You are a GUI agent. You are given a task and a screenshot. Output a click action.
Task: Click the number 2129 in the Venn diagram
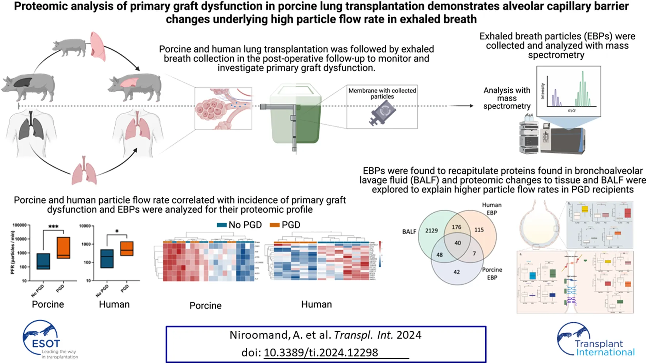(431, 231)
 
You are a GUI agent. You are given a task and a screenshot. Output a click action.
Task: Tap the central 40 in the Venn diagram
(458, 243)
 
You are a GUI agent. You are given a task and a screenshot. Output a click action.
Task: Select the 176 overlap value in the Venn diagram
(456, 227)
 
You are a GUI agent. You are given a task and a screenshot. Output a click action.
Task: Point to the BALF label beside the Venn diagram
(409, 232)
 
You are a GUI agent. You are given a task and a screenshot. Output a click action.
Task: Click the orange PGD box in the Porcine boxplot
(64, 248)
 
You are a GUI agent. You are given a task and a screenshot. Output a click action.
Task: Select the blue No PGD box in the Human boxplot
(107, 259)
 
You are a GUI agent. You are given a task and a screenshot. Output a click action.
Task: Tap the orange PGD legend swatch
(275, 225)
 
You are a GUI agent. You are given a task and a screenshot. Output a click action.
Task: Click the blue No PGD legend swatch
(222, 225)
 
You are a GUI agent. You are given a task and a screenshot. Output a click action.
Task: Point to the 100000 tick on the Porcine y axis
(19, 225)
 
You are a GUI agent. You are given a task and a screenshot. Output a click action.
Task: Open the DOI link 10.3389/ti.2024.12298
(321, 353)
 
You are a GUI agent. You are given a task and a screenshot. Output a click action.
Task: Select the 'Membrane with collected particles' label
(382, 94)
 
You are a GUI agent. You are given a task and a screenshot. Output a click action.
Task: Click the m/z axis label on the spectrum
(571, 110)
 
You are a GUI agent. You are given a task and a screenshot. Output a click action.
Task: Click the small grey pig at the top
(69, 47)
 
